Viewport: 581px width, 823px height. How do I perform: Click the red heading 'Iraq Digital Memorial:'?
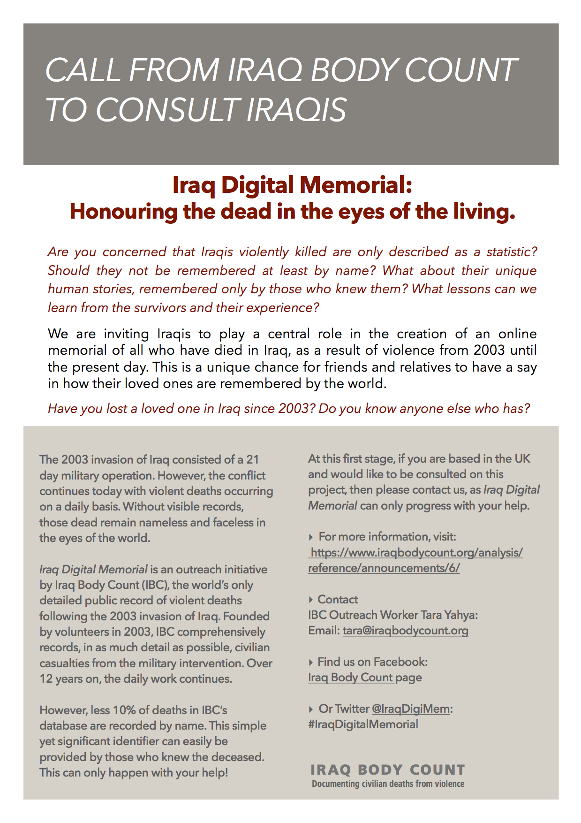(292, 185)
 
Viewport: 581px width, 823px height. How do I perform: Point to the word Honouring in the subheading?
(123, 212)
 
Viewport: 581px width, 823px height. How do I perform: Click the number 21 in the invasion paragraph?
(252, 459)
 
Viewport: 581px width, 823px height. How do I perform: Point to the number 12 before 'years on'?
(46, 679)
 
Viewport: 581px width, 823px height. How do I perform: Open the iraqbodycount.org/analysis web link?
(415, 560)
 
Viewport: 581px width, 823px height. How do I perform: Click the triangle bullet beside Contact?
(311, 600)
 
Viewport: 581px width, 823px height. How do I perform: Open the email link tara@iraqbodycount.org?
(405, 631)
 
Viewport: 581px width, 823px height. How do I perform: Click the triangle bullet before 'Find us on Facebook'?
(311, 662)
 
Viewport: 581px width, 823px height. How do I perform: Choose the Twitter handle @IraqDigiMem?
(410, 709)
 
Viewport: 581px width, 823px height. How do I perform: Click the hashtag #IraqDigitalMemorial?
(363, 724)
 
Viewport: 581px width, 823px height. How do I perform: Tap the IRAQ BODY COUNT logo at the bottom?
(387, 771)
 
